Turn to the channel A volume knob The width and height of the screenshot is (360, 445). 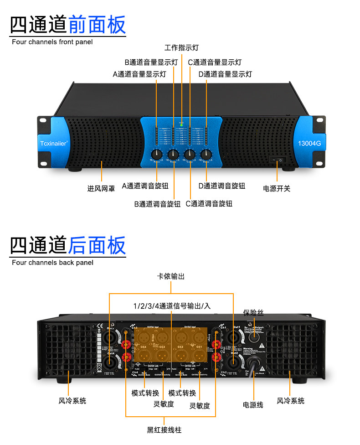[157, 154]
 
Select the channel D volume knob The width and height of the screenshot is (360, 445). [206, 154]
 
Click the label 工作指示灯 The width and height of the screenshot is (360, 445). [181, 47]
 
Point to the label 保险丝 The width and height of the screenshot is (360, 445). [253, 312]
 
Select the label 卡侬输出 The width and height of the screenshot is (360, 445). [171, 277]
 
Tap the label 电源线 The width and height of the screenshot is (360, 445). [253, 404]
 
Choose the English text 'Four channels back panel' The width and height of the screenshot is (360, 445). [52, 263]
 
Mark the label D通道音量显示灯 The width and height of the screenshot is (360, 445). [225, 74]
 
